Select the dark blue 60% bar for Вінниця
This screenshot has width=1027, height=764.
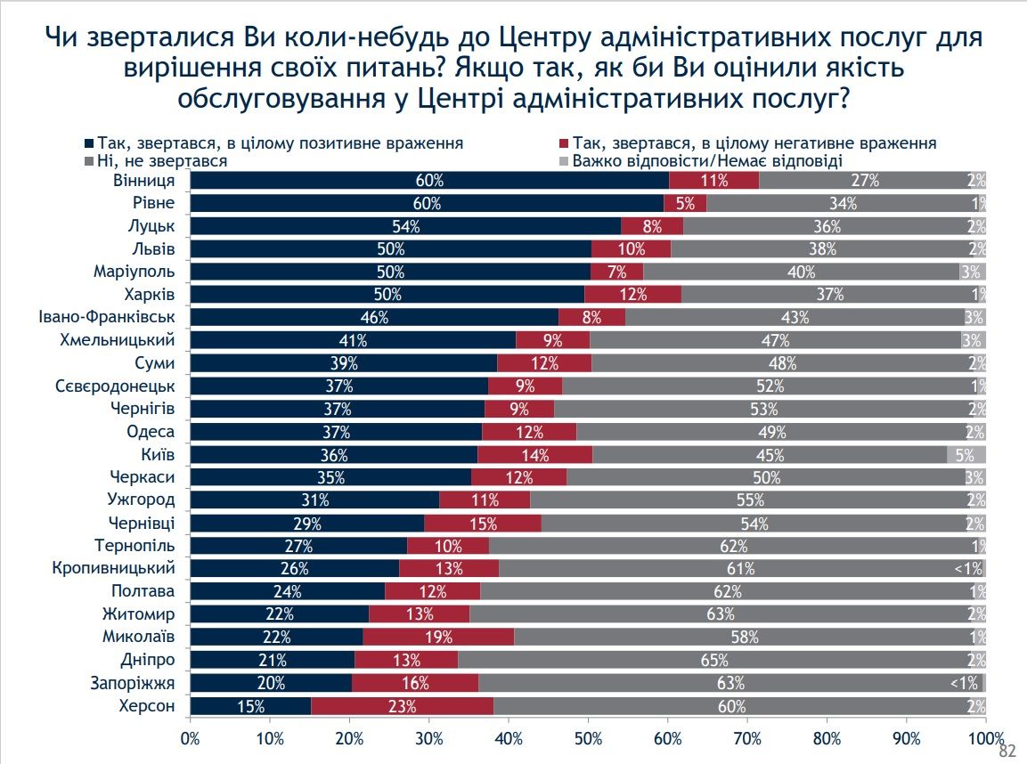[429, 180]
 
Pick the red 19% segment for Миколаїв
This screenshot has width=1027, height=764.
[438, 638]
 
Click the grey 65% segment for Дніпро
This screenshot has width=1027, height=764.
[714, 661]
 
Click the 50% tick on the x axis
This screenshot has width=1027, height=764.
[588, 738]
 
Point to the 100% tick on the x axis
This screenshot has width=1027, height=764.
[985, 738]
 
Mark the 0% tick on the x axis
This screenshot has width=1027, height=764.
[191, 738]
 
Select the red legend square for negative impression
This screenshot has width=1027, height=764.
[564, 143]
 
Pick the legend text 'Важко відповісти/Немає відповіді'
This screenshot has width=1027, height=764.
[707, 161]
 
